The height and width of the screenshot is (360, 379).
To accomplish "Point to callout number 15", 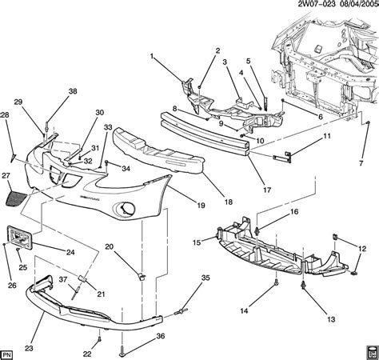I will pyautogui.click(x=197, y=241).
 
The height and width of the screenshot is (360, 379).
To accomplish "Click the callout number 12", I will pyautogui.click(x=364, y=249).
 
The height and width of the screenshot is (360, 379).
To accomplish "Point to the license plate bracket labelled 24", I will pyautogui.click(x=23, y=235).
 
